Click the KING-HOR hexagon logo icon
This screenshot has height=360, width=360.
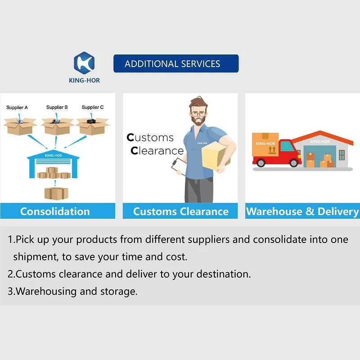point(84,63)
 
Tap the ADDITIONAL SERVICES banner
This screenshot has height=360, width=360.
point(176,64)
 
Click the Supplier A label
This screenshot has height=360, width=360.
point(17,108)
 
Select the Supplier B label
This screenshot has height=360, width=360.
point(57,108)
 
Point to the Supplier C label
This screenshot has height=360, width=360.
point(93,108)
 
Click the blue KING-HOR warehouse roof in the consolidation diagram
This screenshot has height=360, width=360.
point(55,155)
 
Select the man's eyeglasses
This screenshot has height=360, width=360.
point(198,112)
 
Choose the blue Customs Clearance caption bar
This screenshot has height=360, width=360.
point(180,211)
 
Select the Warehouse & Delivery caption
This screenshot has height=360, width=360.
point(302,211)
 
